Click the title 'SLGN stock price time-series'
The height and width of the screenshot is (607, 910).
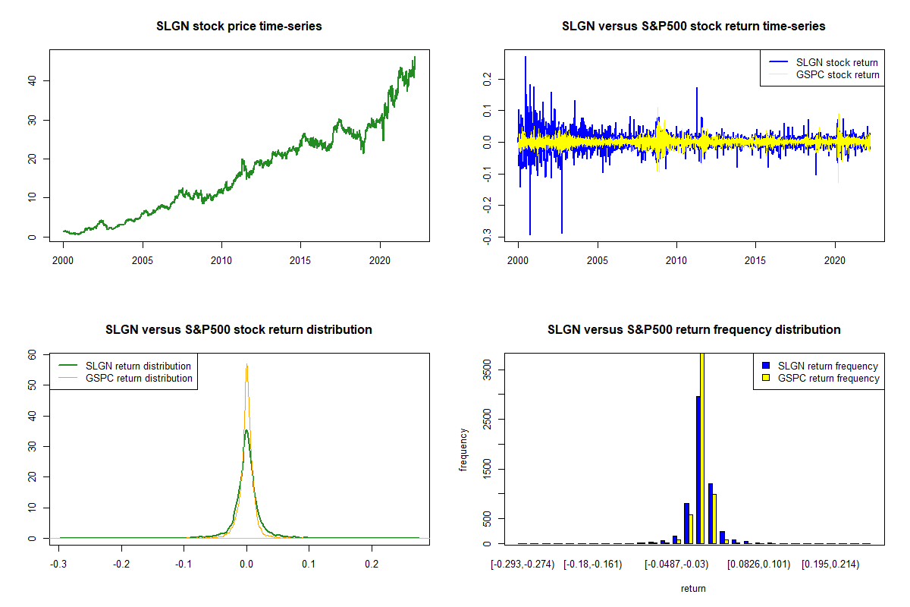pyautogui.click(x=239, y=27)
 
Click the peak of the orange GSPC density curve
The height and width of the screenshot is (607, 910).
pyautogui.click(x=246, y=365)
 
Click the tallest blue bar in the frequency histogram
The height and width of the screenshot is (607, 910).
pyautogui.click(x=698, y=470)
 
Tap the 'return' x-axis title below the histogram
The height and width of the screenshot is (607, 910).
pyautogui.click(x=693, y=588)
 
